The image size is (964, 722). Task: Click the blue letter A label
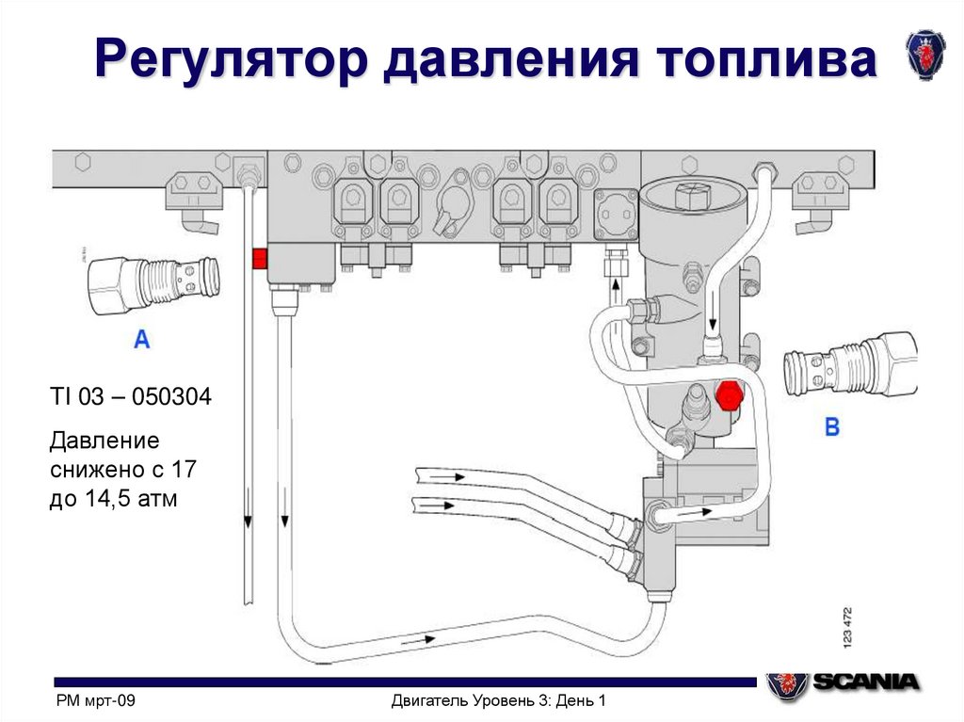click(141, 340)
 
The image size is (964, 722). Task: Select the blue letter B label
click(832, 426)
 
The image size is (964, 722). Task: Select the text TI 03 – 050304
click(130, 398)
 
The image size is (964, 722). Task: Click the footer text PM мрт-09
click(96, 701)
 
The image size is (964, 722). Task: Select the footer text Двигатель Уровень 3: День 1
click(497, 701)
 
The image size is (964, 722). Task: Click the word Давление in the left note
click(104, 441)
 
